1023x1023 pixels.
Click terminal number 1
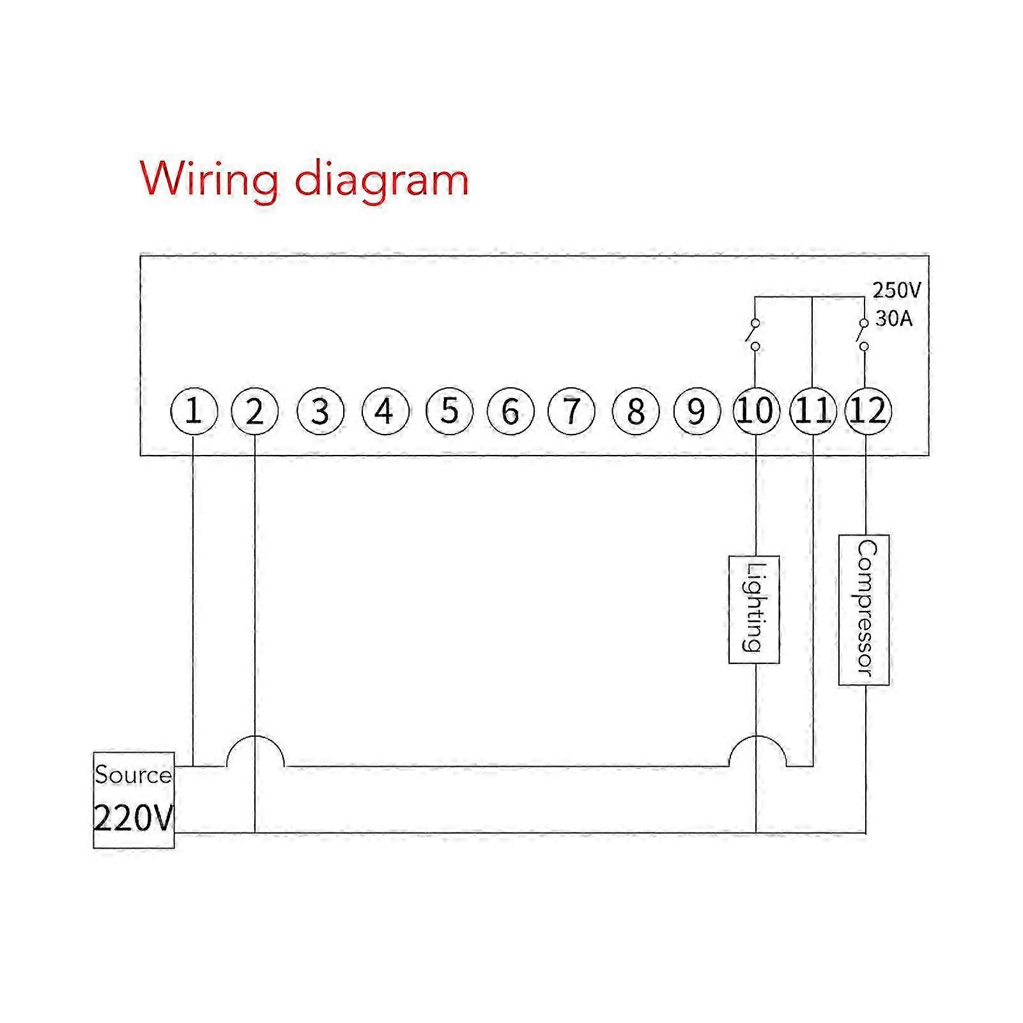coord(194,411)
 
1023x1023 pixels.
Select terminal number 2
coord(254,411)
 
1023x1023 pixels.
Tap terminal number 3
coord(321,411)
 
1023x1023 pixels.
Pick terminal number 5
coord(450,411)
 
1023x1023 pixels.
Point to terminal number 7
coord(572,411)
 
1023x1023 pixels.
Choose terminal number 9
coord(697,411)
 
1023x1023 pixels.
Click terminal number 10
coord(756,411)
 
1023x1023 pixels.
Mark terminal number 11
coord(813,411)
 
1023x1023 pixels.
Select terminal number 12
coord(867,411)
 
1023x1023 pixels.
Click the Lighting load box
coord(754,610)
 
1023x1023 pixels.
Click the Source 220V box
coord(134,800)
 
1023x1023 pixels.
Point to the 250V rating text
coord(897,291)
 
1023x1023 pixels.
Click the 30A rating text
coord(894,318)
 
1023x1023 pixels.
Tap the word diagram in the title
coord(381,181)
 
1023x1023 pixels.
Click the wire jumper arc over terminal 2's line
coord(255,737)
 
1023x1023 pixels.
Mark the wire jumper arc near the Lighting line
coord(757,737)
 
